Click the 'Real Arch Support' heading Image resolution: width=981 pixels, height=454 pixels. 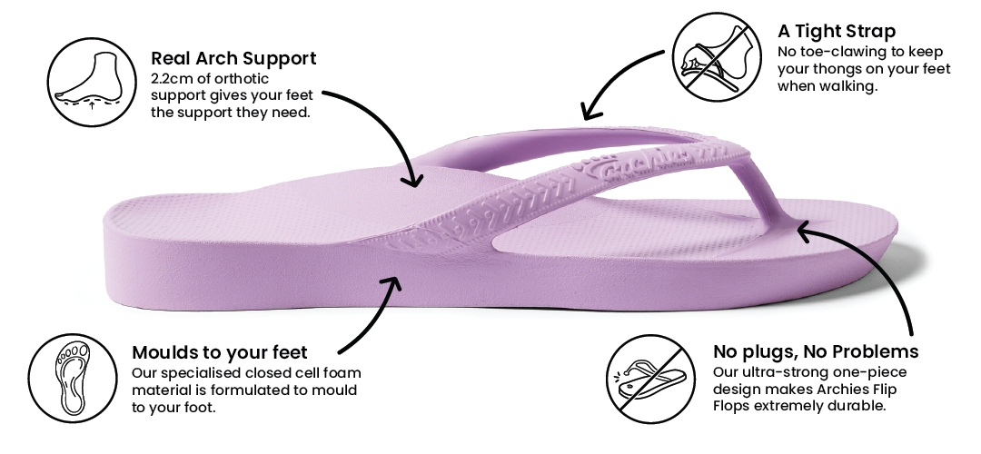[x=233, y=59]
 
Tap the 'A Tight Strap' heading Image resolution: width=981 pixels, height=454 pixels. [x=837, y=32]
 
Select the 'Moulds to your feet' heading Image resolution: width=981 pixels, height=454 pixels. [x=220, y=352]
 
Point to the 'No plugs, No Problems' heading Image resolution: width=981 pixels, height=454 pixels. [x=816, y=351]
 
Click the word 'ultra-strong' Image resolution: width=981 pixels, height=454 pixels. [x=783, y=373]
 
